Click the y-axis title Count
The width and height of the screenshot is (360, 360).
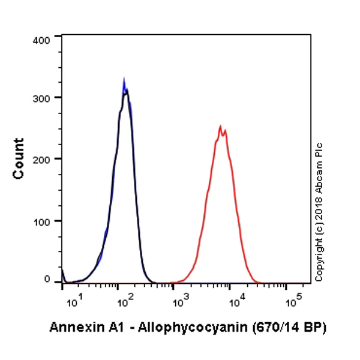pos(19,158)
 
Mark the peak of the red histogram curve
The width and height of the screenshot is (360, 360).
pos(221,127)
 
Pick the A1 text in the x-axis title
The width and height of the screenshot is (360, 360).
pos(109,328)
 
